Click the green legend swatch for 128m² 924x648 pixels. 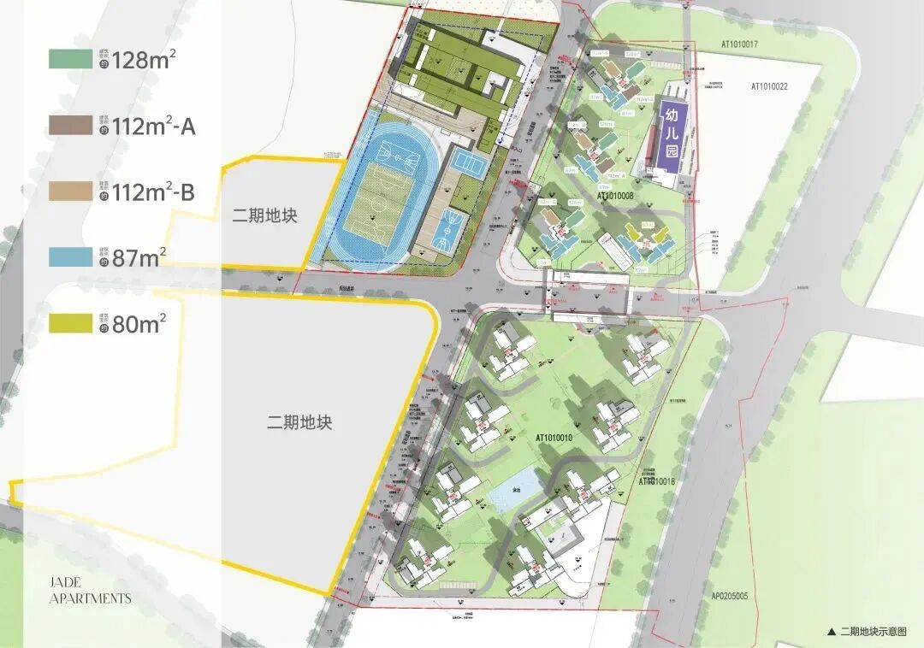point(69,59)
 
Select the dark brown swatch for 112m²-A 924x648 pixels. point(69,126)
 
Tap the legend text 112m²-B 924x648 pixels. point(153,192)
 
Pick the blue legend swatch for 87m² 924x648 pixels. point(69,257)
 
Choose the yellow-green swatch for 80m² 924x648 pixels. point(69,324)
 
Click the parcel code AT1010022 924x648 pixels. point(769,86)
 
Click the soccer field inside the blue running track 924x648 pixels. point(382,205)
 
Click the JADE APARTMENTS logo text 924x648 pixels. point(90,590)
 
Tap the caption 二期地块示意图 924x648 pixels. point(872,632)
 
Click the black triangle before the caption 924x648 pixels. point(832,632)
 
